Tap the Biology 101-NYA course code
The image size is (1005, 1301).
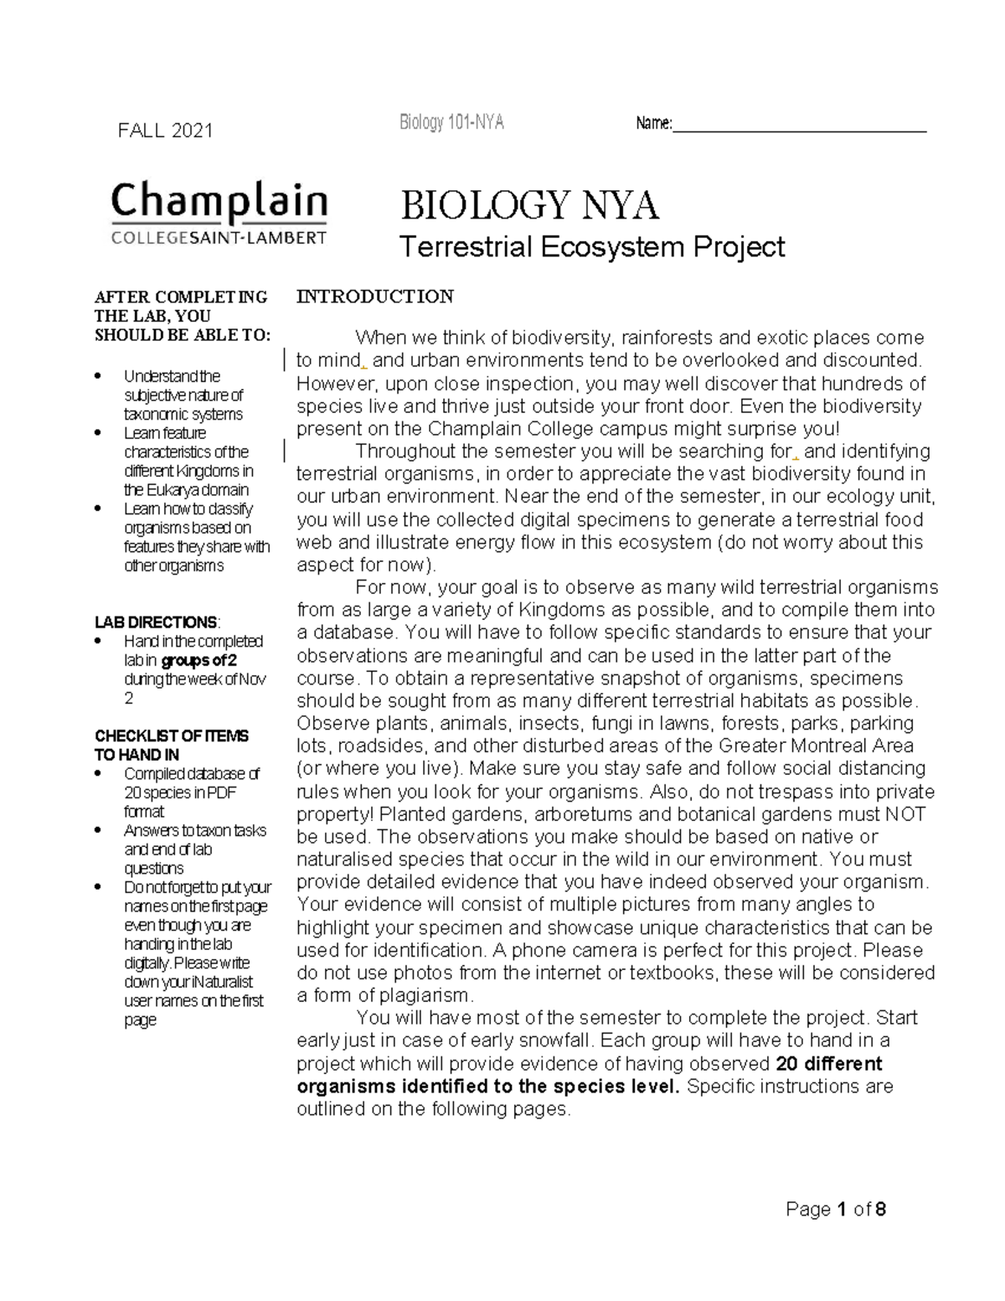pos(451,123)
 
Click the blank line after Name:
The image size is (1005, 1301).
pos(800,127)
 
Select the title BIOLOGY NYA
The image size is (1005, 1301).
pos(529,206)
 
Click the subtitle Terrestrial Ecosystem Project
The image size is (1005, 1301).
pos(591,247)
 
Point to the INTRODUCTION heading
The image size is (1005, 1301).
pos(375,297)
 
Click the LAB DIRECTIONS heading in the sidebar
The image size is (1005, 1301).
pos(156,622)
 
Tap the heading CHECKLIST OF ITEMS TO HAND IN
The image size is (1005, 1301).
pos(171,745)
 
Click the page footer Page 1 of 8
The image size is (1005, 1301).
pos(836,1209)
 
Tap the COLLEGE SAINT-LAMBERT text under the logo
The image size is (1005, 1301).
pos(219,238)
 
